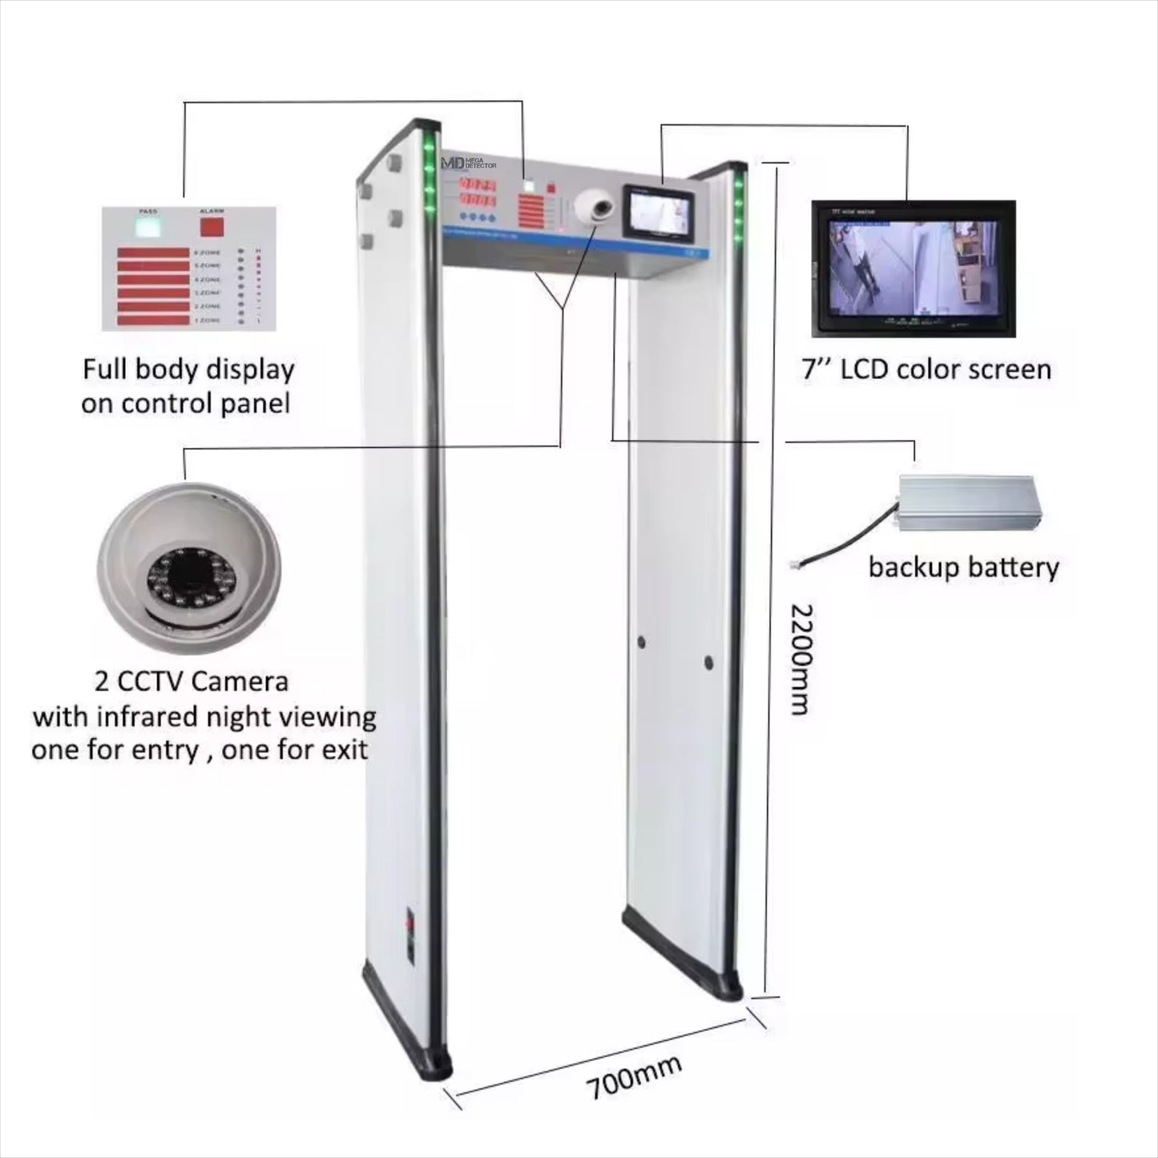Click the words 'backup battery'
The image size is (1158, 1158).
coord(963,567)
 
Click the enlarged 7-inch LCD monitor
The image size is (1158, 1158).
coord(914,268)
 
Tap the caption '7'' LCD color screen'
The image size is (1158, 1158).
coord(926,369)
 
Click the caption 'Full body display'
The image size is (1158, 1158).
coord(188,369)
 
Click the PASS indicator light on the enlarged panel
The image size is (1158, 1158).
coord(147,227)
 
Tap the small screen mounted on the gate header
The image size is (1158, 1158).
coord(660,213)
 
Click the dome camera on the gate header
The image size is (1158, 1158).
coord(595,208)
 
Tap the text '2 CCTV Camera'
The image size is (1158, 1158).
coord(192,681)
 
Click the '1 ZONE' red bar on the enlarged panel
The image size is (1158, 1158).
coord(153,321)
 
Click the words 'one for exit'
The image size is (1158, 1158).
coord(295,750)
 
